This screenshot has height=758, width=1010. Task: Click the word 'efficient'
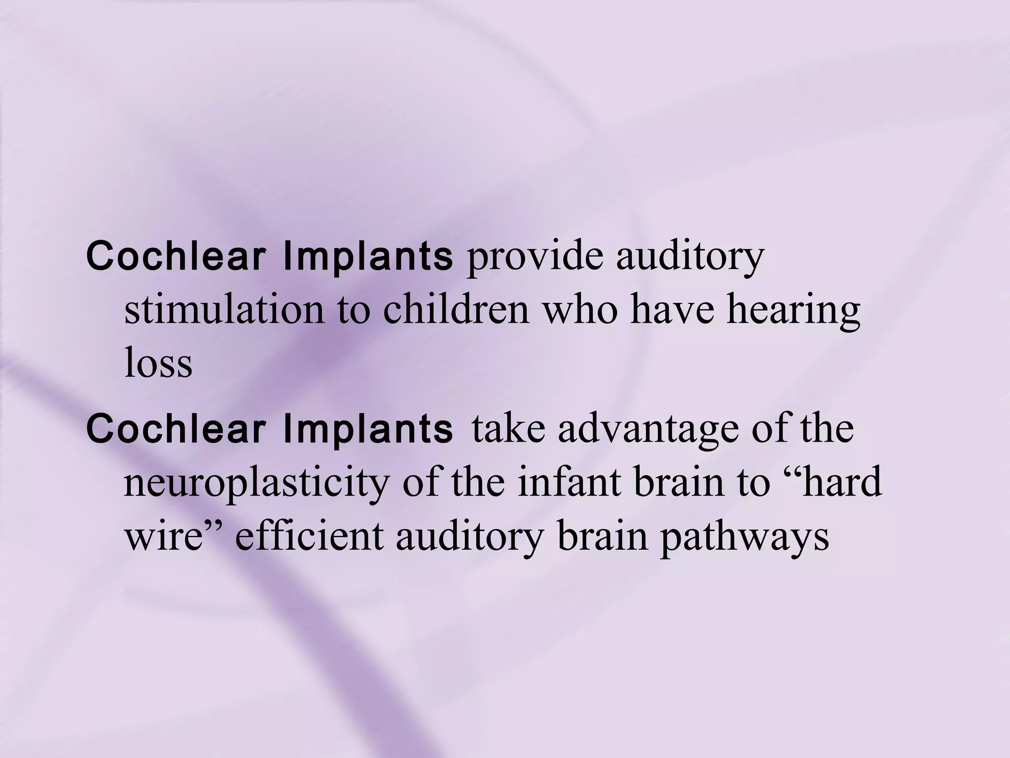(x=309, y=536)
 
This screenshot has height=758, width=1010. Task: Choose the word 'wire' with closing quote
(x=175, y=536)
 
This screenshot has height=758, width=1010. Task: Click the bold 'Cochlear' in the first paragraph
(x=178, y=258)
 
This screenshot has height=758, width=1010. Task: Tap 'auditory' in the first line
(x=690, y=259)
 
